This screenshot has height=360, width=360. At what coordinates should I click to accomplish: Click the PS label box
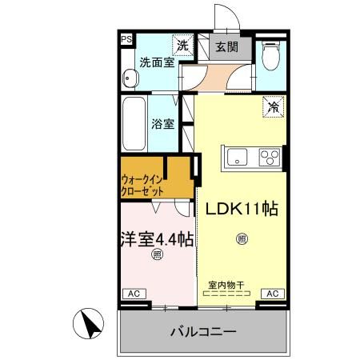tap(126, 38)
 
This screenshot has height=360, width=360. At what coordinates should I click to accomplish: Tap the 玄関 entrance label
tap(226, 46)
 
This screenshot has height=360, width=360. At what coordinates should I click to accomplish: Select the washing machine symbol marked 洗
tap(183, 46)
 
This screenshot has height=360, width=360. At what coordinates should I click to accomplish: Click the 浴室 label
tap(164, 125)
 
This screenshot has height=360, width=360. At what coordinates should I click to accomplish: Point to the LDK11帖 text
tap(242, 209)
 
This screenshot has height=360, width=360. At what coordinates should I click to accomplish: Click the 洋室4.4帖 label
tap(157, 238)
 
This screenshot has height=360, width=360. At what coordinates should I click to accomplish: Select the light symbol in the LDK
tap(242, 238)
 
